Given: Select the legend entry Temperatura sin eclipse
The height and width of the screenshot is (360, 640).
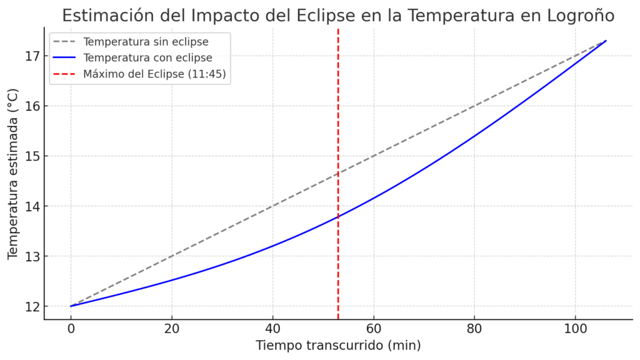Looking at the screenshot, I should [x=146, y=42].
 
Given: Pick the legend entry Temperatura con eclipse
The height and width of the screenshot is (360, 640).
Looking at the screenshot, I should [x=147, y=58].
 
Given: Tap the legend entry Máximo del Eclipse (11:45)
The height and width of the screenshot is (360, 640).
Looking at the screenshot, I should [x=154, y=74].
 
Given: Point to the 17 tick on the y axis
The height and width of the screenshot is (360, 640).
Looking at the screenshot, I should [x=32, y=56].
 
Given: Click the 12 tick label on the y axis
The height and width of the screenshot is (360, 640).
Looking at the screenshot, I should [x=32, y=307].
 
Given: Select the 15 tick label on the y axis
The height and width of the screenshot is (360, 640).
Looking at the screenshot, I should [x=32, y=156].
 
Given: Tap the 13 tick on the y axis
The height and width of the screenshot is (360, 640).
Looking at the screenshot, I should [x=32, y=257].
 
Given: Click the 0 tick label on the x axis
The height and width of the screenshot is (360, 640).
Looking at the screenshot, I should [x=71, y=329].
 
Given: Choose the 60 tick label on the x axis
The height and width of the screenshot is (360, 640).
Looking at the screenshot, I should [x=374, y=329].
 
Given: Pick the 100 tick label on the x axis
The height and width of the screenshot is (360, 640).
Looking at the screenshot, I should [x=575, y=329].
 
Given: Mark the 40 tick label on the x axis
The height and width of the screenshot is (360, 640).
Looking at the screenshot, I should [x=272, y=329].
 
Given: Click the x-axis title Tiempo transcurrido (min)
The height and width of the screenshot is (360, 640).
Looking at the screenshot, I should [x=338, y=346].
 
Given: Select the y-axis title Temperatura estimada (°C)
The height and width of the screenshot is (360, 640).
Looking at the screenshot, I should [x=13, y=174].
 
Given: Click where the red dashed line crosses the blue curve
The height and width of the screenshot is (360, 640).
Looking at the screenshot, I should [x=338, y=217].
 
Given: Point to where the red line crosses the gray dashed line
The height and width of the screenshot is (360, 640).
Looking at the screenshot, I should [x=338, y=173].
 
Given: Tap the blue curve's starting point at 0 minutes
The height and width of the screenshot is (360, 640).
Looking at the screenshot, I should [x=71, y=306].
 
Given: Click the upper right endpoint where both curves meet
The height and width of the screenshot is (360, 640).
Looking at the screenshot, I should [x=606, y=41].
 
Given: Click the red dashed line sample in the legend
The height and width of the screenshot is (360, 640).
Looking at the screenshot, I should [x=65, y=74].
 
